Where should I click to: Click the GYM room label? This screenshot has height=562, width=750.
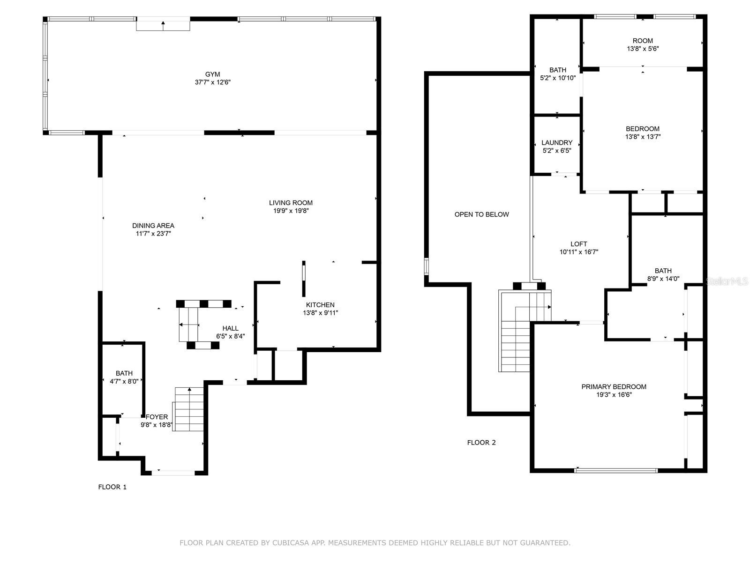coord(212,74)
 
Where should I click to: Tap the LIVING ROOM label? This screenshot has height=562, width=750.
coord(291,203)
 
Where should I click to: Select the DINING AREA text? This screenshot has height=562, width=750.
coord(153,226)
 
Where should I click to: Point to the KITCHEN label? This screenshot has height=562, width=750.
coord(320,305)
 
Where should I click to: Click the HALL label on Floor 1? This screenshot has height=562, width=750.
coord(230,328)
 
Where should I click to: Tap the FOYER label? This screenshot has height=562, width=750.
coord(157,417)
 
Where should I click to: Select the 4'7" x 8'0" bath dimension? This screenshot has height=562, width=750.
coord(124,381)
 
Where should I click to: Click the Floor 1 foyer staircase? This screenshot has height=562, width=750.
coord(188,409)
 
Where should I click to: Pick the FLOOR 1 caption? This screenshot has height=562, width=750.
coord(112,487)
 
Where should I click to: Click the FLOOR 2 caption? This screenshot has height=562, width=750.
coord(481,443)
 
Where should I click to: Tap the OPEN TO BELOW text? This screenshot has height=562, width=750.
coord(481,214)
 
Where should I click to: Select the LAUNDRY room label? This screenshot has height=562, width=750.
coord(556,143)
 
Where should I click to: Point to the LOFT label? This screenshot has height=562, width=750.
coord(578,244)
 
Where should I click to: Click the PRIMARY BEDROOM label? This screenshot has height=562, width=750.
coord(614,387)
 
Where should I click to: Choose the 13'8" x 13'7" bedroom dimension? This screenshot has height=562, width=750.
coord(643,137)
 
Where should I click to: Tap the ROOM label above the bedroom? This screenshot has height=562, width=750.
coord(642,41)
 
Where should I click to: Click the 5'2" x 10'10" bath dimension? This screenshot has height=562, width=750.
coord(558,78)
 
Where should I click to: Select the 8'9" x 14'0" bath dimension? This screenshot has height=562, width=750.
coord(663,279)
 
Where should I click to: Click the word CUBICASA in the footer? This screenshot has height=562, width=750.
coord(291,542)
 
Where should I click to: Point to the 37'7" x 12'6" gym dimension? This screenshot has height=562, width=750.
coord(212,82)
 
